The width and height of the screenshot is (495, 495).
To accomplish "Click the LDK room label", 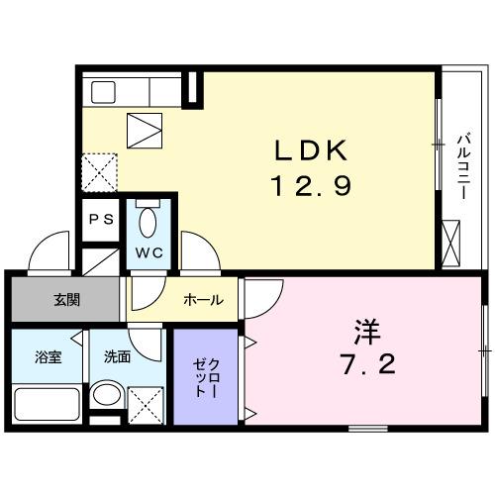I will coord(310,151).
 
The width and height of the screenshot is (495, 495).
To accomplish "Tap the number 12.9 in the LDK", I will coord(310,185).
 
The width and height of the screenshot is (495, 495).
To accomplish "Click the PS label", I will coord(100,220).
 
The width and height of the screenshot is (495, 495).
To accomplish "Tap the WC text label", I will coord(148,251).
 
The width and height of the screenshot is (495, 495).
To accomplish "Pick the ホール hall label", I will coord(203,300).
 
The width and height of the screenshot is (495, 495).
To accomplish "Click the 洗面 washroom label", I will coord(117,356).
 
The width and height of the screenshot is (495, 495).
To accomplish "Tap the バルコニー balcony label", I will coord(462,164).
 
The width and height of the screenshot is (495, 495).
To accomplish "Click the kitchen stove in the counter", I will coord(106,92).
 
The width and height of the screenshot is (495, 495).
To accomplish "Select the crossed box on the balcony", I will coord(452,242).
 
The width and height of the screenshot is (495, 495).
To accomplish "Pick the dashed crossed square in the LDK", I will coord(99,170).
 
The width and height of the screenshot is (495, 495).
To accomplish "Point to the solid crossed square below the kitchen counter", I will coord(144,128).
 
